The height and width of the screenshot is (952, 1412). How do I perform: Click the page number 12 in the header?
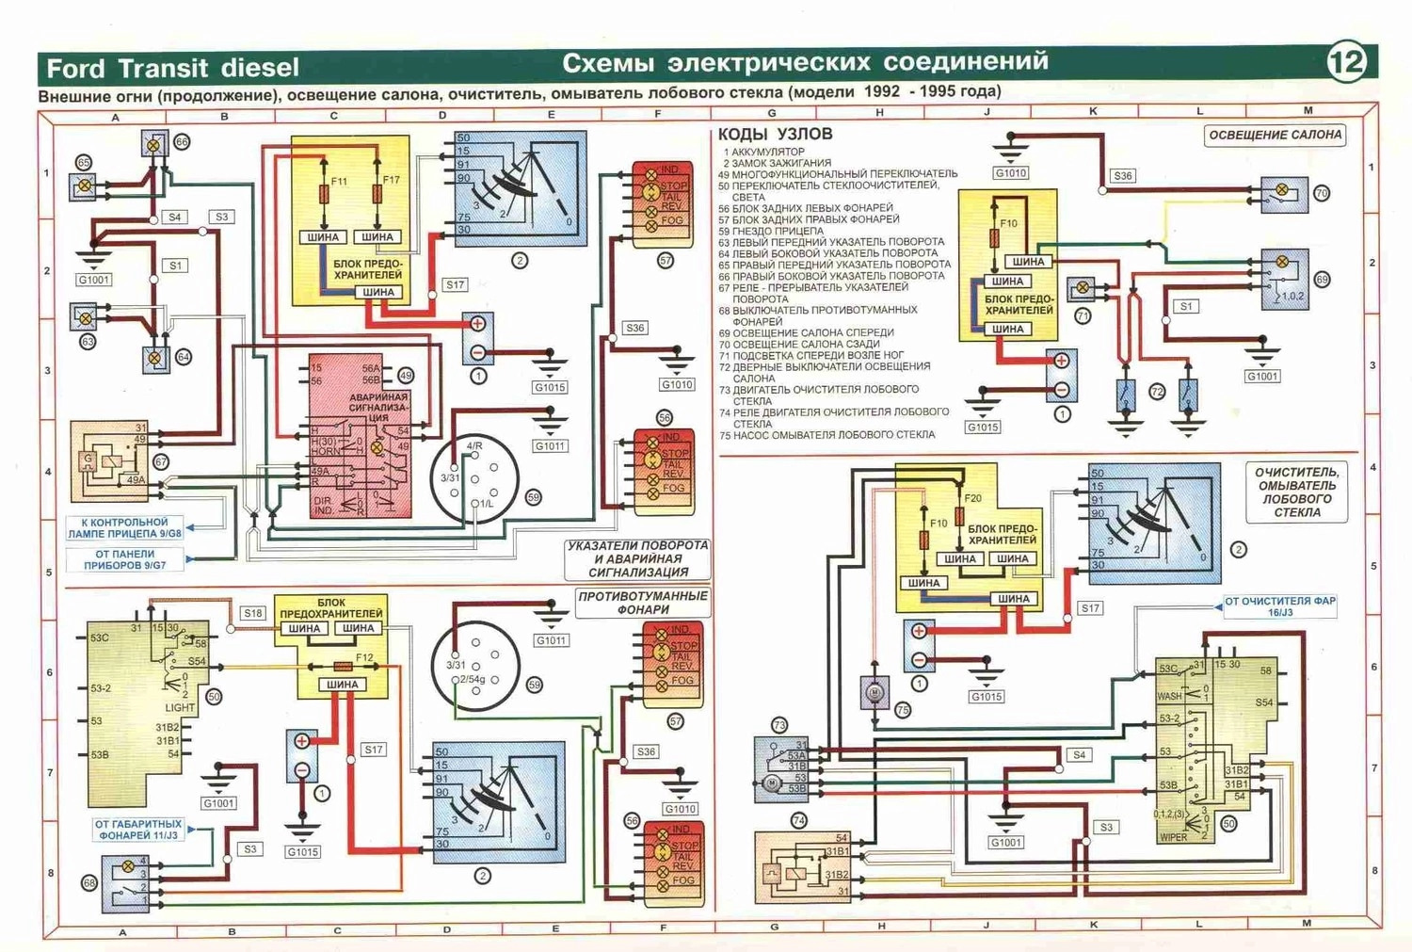point(1346,62)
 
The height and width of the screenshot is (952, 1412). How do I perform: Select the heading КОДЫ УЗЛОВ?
point(775,135)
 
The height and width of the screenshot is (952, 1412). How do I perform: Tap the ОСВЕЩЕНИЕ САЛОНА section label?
point(1275,135)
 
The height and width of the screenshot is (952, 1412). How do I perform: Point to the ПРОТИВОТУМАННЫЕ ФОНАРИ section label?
point(643,603)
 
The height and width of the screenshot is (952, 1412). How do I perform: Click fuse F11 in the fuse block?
point(326,194)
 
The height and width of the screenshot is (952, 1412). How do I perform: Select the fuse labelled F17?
point(377,194)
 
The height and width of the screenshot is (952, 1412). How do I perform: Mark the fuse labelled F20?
point(960,515)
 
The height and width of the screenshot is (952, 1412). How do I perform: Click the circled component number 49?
point(406,375)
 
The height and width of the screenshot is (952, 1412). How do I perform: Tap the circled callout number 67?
point(161,461)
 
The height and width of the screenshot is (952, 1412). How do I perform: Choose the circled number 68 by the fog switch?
point(89,883)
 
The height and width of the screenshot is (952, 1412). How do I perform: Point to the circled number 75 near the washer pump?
point(903,710)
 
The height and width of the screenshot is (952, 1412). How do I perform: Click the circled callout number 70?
point(1322,193)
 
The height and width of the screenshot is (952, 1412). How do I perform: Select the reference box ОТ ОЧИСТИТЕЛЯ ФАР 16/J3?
point(1279,606)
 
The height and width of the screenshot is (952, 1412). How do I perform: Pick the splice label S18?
point(253,613)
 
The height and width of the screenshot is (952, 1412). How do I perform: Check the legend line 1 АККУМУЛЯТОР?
point(763,152)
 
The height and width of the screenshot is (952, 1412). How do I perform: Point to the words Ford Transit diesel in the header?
point(172,68)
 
